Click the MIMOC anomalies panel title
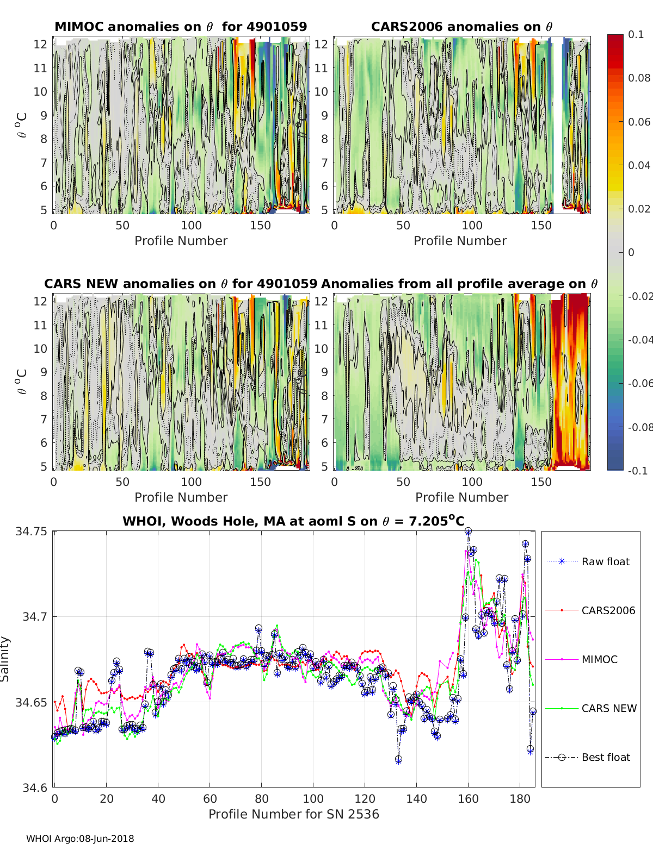pyautogui.click(x=181, y=27)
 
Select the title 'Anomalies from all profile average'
pyautogui.click(x=459, y=284)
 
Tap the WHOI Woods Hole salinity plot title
pyautogui.click(x=293, y=521)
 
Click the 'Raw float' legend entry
pyautogui.click(x=605, y=561)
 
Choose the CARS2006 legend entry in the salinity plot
pyautogui.click(x=608, y=610)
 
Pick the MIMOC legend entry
pyautogui.click(x=599, y=659)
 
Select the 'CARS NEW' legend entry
pyautogui.click(x=608, y=708)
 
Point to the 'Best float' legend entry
pyautogui.click(x=606, y=757)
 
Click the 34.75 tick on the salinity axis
pyautogui.click(x=32, y=532)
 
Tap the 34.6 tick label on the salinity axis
pyautogui.click(x=35, y=787)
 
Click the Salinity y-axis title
pyautogui.click(x=5, y=659)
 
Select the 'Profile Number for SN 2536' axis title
pyautogui.click(x=293, y=814)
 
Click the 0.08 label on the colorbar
pyautogui.click(x=639, y=78)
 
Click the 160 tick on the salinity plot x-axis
pyautogui.click(x=468, y=798)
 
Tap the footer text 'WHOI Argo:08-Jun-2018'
pyautogui.click(x=80, y=839)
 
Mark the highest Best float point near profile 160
pyautogui.click(x=468, y=531)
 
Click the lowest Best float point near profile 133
pyautogui.click(x=398, y=759)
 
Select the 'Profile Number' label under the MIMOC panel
pyautogui.click(x=181, y=241)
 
